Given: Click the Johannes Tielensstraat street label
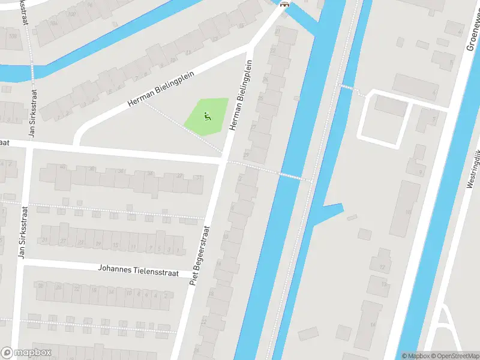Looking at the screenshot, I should click(139, 270).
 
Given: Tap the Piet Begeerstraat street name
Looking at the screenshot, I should click(200, 255).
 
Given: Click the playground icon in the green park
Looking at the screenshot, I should click(208, 116).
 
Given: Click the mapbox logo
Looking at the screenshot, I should click(26, 353).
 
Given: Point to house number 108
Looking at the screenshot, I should click(11, 36).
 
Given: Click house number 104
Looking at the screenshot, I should click(54, 23).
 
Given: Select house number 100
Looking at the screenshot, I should click(72, 14).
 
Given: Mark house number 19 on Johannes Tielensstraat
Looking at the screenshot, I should click(97, 244).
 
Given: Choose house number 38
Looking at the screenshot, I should click(92, 169).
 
